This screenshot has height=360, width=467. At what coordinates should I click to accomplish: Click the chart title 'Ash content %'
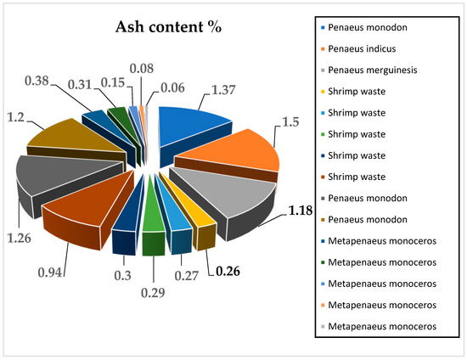tap(168, 26)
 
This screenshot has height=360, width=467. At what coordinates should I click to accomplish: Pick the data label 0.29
tap(153, 302)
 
